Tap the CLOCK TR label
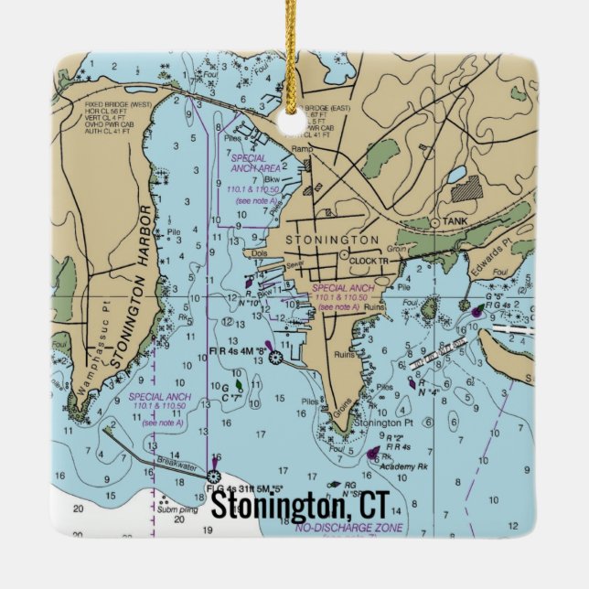pyautogui.click(x=370, y=261)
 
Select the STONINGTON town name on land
pyautogui.click(x=319, y=239)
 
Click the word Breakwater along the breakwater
pyautogui.click(x=176, y=463)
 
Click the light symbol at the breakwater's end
pyautogui.click(x=214, y=476)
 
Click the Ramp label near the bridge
pyautogui.click(x=301, y=148)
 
